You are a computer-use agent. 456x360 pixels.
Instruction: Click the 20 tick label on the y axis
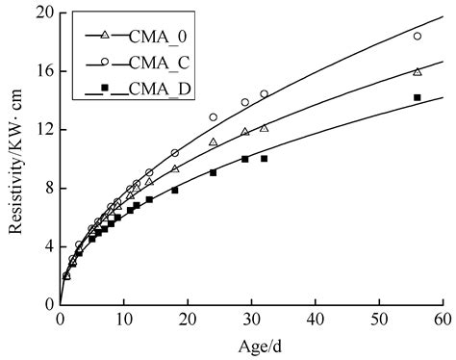point(41,13)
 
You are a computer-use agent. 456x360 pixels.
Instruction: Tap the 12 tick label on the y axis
point(41,130)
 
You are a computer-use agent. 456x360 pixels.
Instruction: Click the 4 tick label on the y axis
point(45,246)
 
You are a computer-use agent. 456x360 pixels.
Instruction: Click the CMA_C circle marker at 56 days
point(417,36)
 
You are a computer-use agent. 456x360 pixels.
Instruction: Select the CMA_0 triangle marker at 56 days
point(417,71)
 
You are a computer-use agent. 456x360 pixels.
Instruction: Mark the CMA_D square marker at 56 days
point(417,97)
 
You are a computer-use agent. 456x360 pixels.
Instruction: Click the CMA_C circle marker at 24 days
point(214,116)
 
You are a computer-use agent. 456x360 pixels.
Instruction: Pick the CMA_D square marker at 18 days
point(175,190)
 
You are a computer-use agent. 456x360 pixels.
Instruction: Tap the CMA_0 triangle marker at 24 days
point(214,141)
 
